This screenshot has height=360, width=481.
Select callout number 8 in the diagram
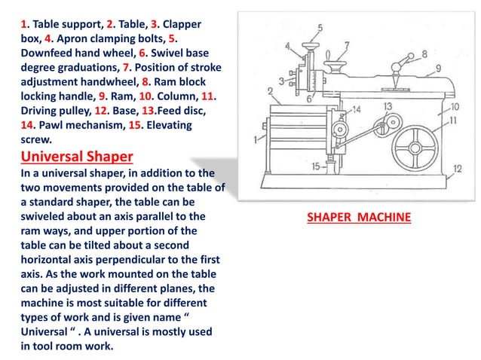[424, 53]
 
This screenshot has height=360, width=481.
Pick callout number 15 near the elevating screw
[317, 166]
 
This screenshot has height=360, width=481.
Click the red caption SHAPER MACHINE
[359, 218]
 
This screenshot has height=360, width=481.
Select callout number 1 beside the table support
[256, 139]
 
